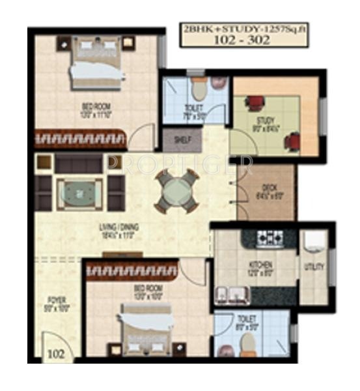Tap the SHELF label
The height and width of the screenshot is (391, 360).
coord(176,139)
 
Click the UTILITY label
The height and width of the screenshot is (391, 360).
coord(314,266)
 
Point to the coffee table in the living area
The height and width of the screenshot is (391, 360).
coord(79,192)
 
